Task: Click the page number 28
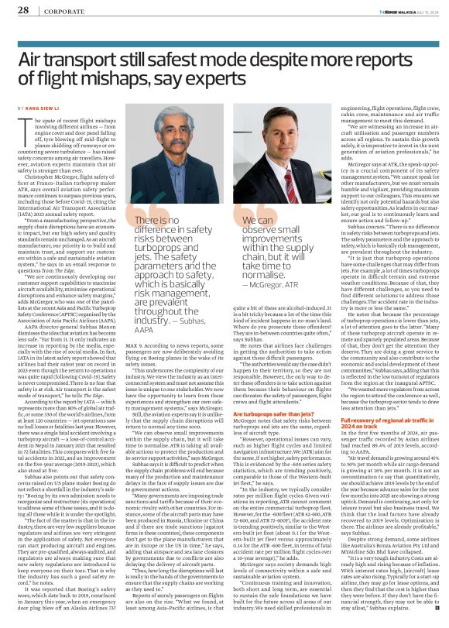click(x=22, y=10)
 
